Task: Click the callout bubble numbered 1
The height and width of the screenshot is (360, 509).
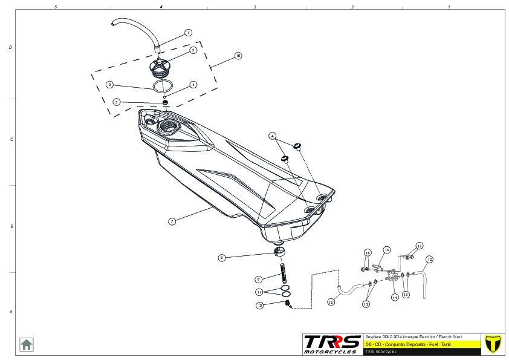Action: coord(188,33)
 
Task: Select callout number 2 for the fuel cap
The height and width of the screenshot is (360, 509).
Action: coord(193,50)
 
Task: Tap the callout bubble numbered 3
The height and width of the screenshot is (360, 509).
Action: coord(109,85)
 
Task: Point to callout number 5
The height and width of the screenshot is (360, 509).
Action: coord(117,102)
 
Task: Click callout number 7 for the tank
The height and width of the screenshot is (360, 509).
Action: coord(172,221)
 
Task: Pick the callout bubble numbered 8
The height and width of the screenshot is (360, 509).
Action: coord(222,258)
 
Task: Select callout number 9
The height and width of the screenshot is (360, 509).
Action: coord(258,279)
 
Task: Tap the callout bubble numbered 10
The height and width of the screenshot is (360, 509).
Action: coord(259,306)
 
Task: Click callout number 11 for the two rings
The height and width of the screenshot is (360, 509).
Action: coord(259,292)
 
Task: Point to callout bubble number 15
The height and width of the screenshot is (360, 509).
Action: coord(387,249)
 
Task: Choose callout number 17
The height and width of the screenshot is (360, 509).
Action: coord(419,246)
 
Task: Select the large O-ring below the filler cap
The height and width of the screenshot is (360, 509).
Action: coord(160,86)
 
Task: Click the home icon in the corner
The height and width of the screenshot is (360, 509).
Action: coord(27,344)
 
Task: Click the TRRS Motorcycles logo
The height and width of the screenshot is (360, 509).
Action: coord(332,344)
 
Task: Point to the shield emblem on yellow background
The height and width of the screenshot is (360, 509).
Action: coord(493,343)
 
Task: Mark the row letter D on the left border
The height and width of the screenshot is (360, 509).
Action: coord(10,47)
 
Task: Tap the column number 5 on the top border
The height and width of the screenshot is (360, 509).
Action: coord(56,7)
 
